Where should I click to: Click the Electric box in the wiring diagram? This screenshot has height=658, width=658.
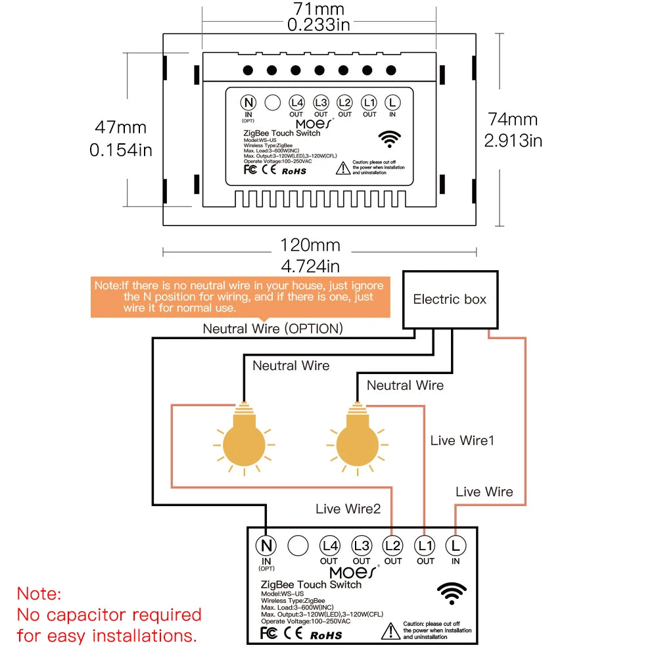pos(450,300)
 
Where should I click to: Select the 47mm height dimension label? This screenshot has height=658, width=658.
pos(121,128)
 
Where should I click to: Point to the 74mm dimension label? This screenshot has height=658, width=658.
pos(513,120)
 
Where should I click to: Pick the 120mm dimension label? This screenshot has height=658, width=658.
pos(310,245)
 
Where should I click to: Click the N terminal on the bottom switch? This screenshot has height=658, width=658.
pos(266,546)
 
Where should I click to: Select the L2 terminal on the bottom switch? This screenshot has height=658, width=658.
pos(392,546)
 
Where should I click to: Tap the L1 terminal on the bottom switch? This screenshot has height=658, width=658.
pos(425,546)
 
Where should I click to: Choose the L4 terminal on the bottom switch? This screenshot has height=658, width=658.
pos(329,546)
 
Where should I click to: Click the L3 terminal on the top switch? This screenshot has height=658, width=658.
pos(321,103)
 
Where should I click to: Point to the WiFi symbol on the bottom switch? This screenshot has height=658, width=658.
pos(452,593)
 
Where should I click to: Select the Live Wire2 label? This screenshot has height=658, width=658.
pos(348,509)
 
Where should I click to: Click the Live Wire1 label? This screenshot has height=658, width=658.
pos(462,440)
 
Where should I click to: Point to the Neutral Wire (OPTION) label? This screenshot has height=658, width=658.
pos(272,329)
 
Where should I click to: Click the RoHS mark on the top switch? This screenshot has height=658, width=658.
pos(294,171)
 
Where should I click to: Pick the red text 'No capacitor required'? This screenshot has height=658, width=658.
pos(109,615)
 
